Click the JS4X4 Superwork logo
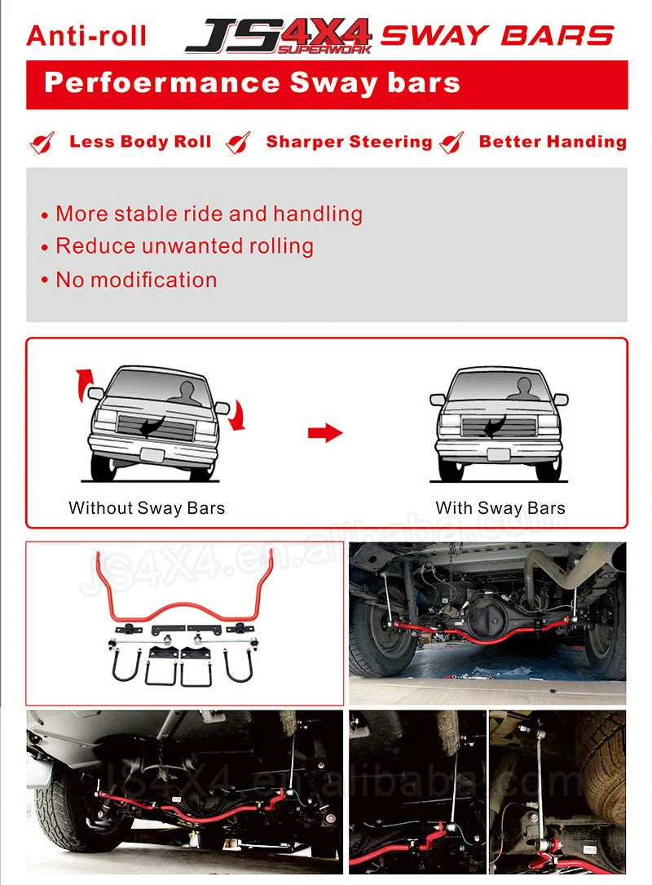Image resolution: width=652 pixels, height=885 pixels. pos(279,35)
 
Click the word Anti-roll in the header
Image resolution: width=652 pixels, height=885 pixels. pos(86,36)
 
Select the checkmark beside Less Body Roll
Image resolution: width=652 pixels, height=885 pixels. pos(42,143)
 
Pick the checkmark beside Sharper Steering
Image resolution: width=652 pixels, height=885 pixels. pos(239,143)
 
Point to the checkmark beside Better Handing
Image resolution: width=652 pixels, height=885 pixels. pos(452,143)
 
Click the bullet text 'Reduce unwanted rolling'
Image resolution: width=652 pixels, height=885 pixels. pos(184,246)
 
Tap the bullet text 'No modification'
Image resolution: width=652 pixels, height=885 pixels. pos(136,280)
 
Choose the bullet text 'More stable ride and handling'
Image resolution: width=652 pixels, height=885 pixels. pos(209,214)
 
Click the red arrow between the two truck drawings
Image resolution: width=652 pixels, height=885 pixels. pos(325,433)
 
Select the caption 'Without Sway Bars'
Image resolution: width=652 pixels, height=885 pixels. pos(147,508)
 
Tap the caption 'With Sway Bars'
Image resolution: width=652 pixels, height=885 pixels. pos(500,508)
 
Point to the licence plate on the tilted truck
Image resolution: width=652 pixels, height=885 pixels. pos(153,455)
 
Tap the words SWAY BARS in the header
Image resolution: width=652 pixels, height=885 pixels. pos(497,36)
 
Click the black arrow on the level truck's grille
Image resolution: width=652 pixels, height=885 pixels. pos(494,425)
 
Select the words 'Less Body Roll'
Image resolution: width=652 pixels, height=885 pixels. pos(140,142)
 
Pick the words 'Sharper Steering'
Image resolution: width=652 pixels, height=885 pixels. pos(349,142)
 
